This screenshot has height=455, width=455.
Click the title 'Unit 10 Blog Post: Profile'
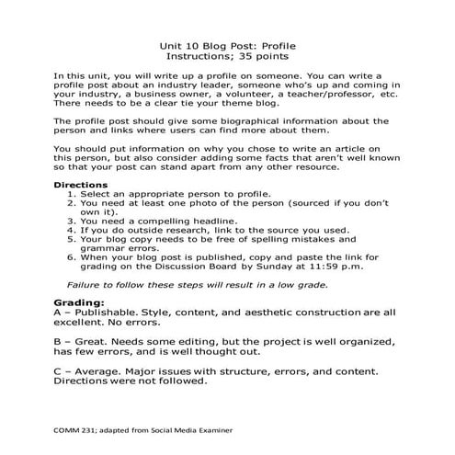[227, 44]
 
